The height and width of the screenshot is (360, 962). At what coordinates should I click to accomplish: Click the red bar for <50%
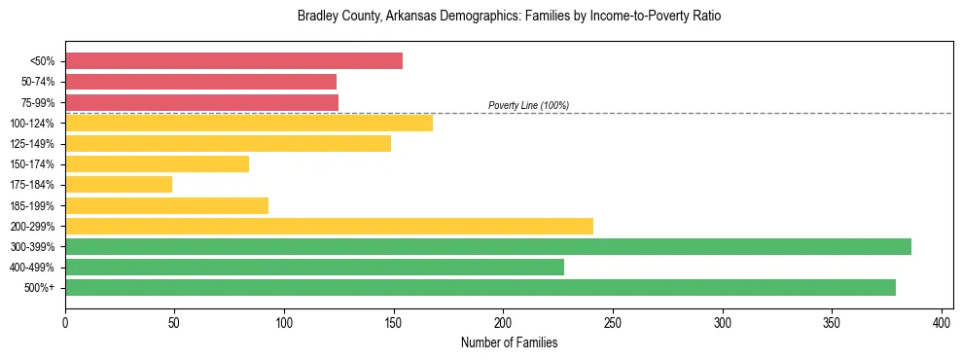coord(233,61)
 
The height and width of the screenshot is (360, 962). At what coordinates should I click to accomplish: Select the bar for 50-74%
coord(200,82)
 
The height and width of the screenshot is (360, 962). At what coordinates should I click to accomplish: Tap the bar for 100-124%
coord(249,123)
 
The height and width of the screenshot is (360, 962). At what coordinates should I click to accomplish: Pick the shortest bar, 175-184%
coord(119,184)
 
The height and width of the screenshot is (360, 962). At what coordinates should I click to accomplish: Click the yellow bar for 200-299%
coord(329,226)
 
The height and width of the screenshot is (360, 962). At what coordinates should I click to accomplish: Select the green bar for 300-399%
coord(488,246)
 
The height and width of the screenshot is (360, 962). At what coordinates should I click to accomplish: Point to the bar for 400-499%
coord(314,267)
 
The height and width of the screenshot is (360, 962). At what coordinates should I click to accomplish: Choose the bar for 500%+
coord(481,287)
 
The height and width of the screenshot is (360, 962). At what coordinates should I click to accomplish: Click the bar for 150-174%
coord(157,163)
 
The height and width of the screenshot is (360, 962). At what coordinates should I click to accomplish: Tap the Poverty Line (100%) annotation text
coord(528,105)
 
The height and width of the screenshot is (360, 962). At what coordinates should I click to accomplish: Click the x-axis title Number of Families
coord(509,342)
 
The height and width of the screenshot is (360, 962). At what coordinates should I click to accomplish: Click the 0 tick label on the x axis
coord(65,322)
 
